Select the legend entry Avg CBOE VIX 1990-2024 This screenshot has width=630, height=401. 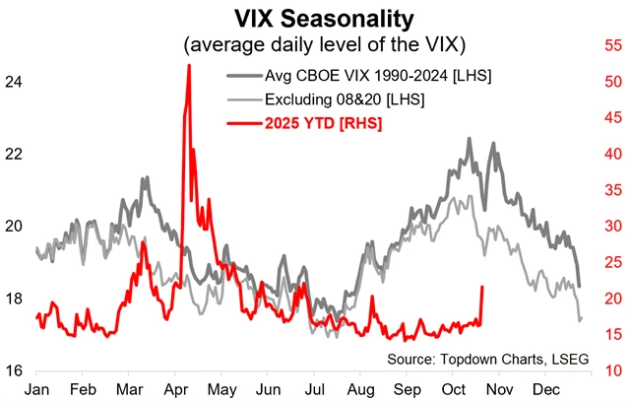378,76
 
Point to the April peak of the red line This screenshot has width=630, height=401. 188,66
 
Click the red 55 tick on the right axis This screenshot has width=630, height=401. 611,45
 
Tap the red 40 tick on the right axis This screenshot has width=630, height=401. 611,154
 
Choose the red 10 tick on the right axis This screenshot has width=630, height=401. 611,371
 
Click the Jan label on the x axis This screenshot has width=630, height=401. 36,387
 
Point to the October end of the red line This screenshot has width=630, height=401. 482,287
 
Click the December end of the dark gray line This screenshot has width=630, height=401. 580,286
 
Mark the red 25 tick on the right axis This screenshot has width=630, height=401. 611,262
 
